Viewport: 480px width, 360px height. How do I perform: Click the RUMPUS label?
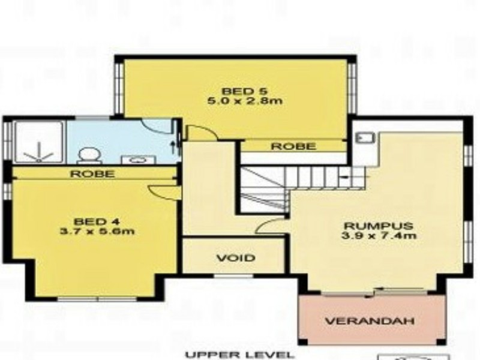pos(379,226)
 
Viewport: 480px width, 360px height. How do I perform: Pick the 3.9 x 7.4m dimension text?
pos(379,236)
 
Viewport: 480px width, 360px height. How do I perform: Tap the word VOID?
pos(235,259)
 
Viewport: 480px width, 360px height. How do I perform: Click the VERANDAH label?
pos(370,321)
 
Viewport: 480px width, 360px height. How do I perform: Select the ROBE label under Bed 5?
pos(293,146)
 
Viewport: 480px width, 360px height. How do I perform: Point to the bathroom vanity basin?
pos(137,160)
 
